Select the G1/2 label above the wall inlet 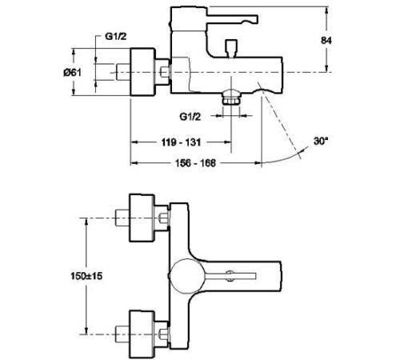pos(117,37)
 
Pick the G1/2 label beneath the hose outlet pos(190,116)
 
